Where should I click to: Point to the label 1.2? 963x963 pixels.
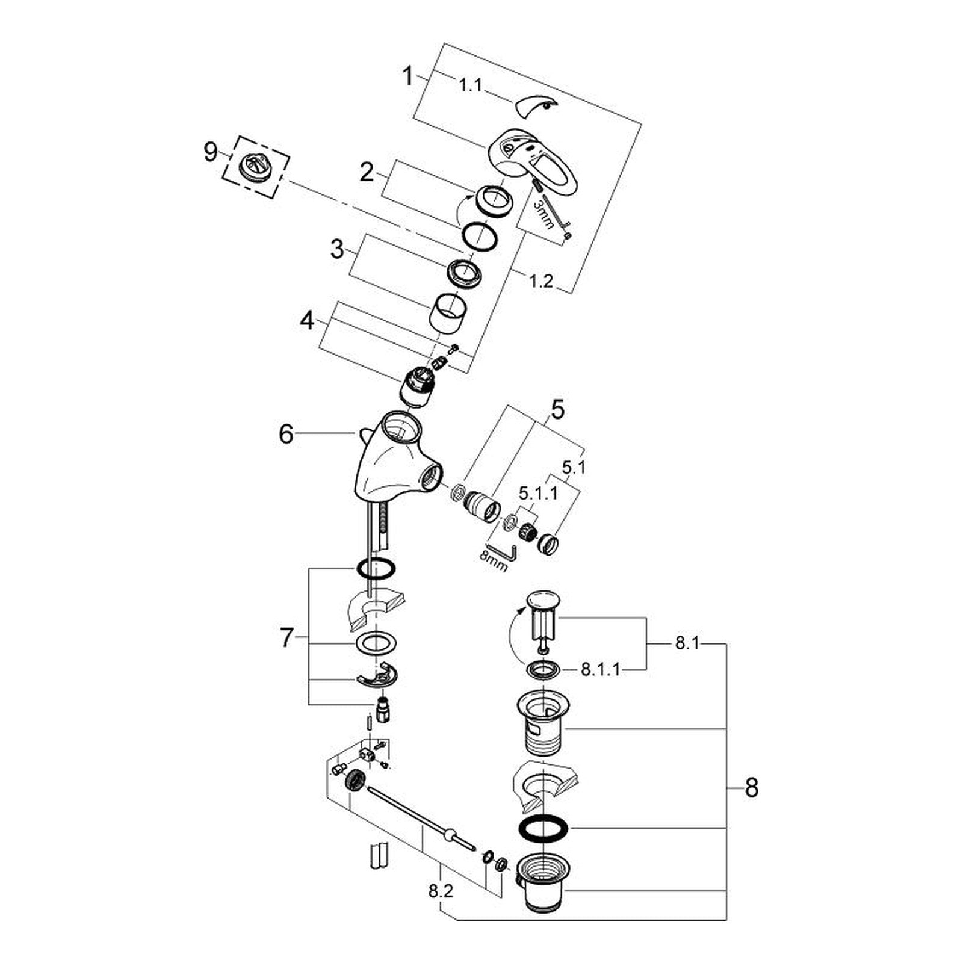pos(541,280)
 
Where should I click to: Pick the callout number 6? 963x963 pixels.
pos(286,433)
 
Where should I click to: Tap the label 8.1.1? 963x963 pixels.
pos(600,670)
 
